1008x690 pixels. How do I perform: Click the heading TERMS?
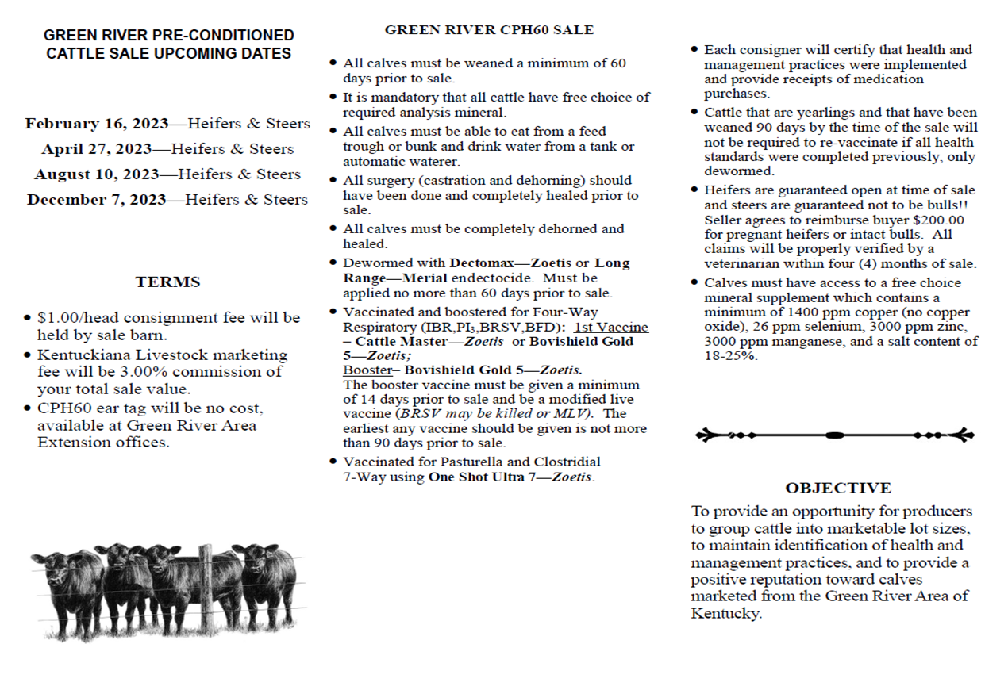pyautogui.click(x=167, y=282)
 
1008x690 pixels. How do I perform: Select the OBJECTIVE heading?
pyautogui.click(x=837, y=488)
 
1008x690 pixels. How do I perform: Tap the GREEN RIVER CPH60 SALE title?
pyautogui.click(x=489, y=30)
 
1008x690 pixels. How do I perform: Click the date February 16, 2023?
pyautogui.click(x=97, y=124)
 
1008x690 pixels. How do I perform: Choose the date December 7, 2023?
pyautogui.click(x=97, y=200)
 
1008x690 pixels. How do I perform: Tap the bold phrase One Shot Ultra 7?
pyautogui.click(x=487, y=477)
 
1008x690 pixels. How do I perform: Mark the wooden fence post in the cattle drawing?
pyautogui.click(x=206, y=585)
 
